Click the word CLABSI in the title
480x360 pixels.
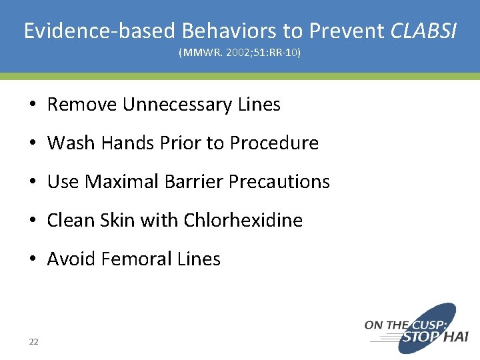coord(424,31)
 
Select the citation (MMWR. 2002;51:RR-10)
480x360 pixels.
coord(240,52)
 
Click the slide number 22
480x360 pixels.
coord(33,342)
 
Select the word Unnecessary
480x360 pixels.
coord(177,105)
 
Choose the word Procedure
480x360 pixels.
coord(274,143)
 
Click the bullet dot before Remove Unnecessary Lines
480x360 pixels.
coord(33,105)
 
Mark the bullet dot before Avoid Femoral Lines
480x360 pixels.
coord(33,259)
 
